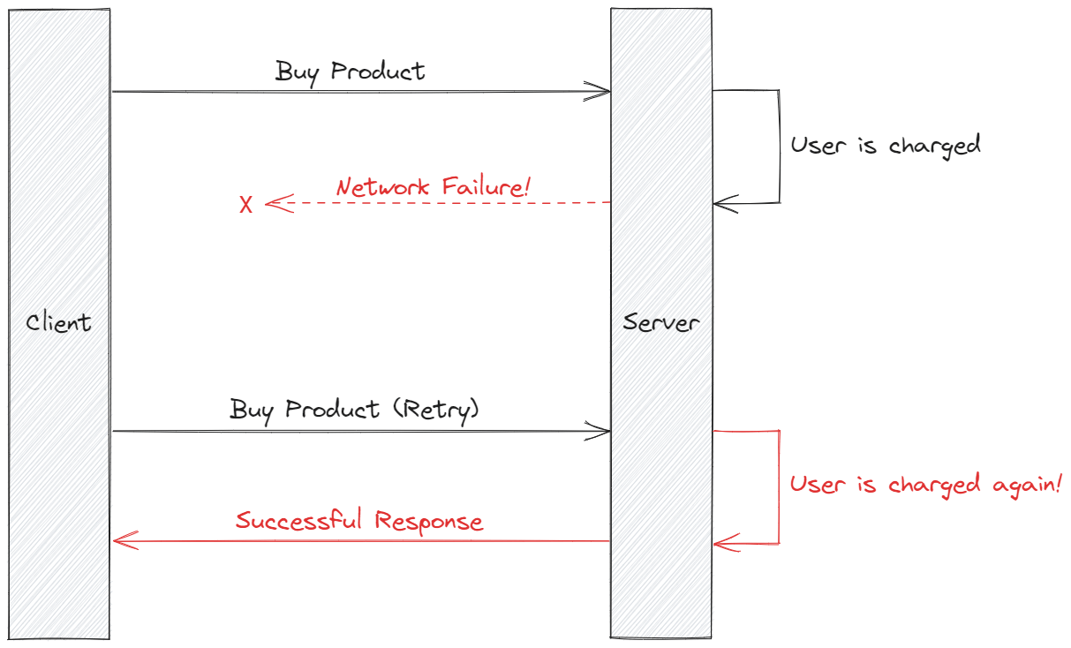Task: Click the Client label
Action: (x=58, y=322)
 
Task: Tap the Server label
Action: (x=660, y=322)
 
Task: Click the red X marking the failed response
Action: (x=246, y=205)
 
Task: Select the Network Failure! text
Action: (x=433, y=187)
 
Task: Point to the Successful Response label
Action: (x=359, y=520)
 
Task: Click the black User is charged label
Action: (x=885, y=145)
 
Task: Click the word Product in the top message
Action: (x=378, y=71)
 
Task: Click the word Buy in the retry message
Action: (x=251, y=410)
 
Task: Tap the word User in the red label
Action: (x=811, y=484)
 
